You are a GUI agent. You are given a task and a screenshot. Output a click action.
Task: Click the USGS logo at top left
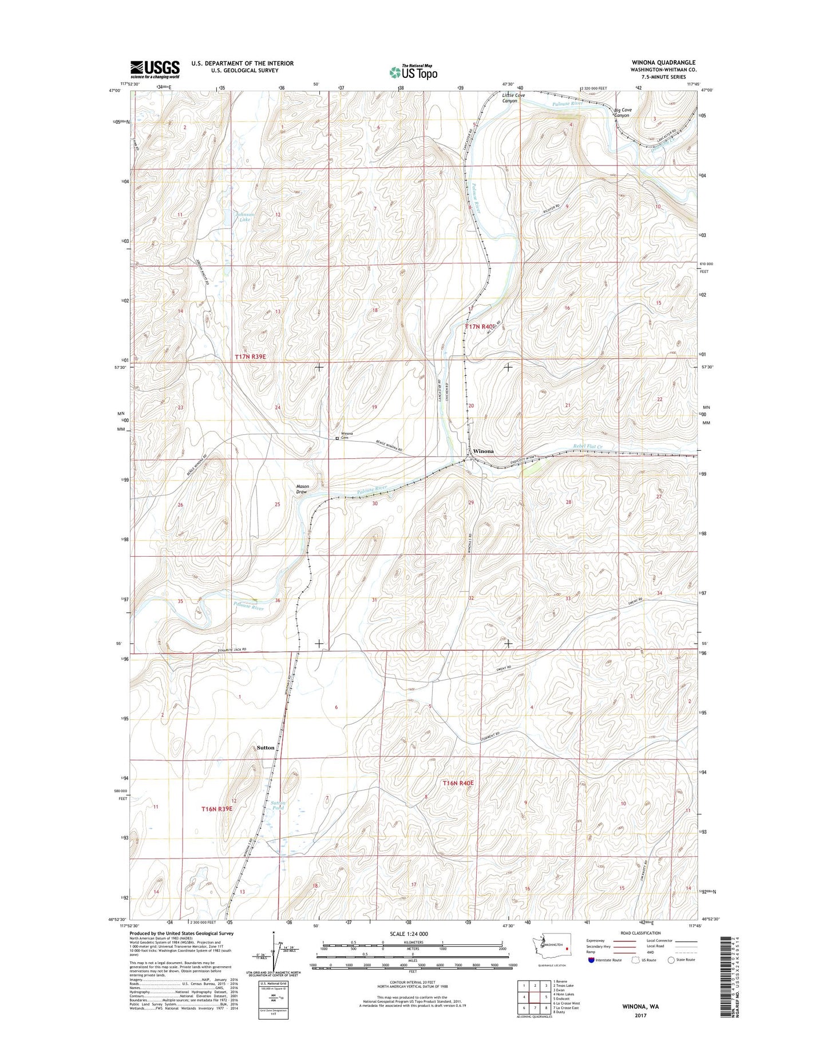click(x=155, y=69)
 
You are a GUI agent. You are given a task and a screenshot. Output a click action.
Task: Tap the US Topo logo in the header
click(x=413, y=72)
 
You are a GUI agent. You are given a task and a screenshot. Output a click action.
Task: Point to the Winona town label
click(x=483, y=451)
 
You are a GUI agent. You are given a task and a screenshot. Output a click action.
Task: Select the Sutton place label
click(x=266, y=747)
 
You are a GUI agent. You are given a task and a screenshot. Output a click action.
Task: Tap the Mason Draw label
click(x=302, y=489)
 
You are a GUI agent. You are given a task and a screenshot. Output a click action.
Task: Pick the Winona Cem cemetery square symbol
click(x=337, y=439)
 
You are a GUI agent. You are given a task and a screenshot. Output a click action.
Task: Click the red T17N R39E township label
click(x=250, y=356)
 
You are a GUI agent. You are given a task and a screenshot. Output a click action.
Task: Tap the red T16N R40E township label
click(x=458, y=782)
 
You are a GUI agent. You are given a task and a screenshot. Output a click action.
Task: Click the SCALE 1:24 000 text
click(x=409, y=934)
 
